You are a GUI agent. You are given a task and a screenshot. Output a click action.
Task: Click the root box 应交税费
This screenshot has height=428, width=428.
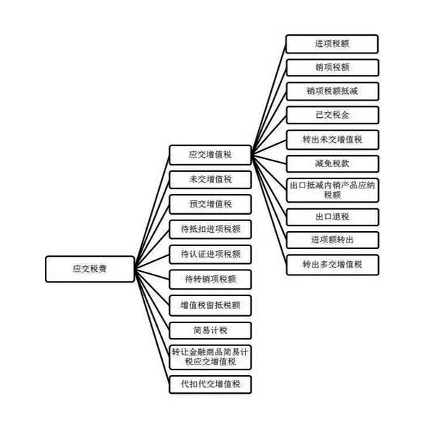pyautogui.click(x=89, y=269)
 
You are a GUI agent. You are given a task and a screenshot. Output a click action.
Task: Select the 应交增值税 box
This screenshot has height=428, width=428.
pyautogui.click(x=210, y=154)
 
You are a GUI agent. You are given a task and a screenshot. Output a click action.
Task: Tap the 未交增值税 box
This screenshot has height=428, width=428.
pyautogui.click(x=210, y=179)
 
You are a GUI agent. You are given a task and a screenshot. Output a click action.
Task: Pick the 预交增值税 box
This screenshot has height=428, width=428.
pyautogui.click(x=210, y=204)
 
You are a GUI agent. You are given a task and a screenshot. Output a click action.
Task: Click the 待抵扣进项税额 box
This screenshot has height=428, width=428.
pyautogui.click(x=210, y=229)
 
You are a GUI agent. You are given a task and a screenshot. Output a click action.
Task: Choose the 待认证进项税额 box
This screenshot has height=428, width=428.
pyautogui.click(x=210, y=254)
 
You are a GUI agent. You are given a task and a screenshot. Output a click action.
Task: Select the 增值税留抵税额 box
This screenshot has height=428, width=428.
pyautogui.click(x=210, y=305)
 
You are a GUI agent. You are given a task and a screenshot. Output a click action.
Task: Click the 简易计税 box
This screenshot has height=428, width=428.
pyautogui.click(x=210, y=330)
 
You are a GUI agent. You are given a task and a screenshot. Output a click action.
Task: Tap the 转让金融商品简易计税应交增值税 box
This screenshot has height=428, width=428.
pyautogui.click(x=210, y=357)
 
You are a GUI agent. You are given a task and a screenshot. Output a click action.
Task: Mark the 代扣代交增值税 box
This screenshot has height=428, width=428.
pyautogui.click(x=210, y=384)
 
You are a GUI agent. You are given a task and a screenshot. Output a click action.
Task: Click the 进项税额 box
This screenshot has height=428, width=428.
pyautogui.click(x=332, y=44)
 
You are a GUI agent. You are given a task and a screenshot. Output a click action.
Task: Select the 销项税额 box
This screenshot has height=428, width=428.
pyautogui.click(x=332, y=68)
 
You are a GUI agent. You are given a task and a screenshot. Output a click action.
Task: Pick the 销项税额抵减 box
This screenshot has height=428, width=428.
pyautogui.click(x=332, y=91)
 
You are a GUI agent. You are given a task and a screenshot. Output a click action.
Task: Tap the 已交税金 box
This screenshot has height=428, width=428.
pyautogui.click(x=332, y=115)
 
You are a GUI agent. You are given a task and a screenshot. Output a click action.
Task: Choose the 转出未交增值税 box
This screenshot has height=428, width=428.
pyautogui.click(x=332, y=139)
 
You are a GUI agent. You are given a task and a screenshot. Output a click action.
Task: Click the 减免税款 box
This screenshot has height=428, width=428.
pyautogui.click(x=332, y=163)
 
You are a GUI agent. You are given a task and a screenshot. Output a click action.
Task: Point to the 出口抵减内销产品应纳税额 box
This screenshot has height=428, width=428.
pyautogui.click(x=332, y=189)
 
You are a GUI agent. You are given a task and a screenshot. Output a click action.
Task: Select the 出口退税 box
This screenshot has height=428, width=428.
pyautogui.click(x=332, y=215)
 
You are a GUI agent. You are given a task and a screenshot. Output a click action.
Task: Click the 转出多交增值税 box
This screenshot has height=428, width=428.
pyautogui.click(x=332, y=265)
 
